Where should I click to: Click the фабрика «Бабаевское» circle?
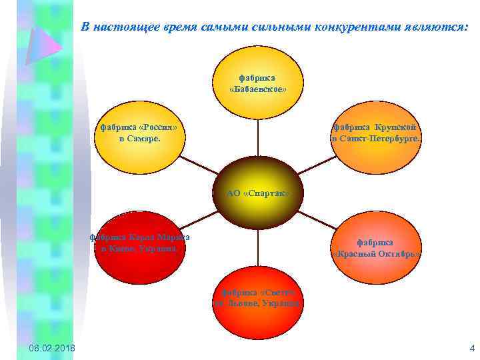(x=258, y=83)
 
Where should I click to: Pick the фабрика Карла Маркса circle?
(x=140, y=247)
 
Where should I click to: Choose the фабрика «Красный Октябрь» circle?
(x=376, y=247)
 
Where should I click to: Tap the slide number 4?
(x=471, y=348)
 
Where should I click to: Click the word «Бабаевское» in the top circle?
(x=258, y=89)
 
